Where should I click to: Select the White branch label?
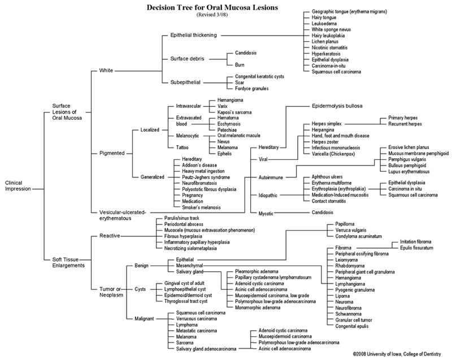point(106,71)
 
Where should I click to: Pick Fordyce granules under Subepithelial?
point(252,88)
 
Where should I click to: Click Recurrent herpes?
point(406,123)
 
